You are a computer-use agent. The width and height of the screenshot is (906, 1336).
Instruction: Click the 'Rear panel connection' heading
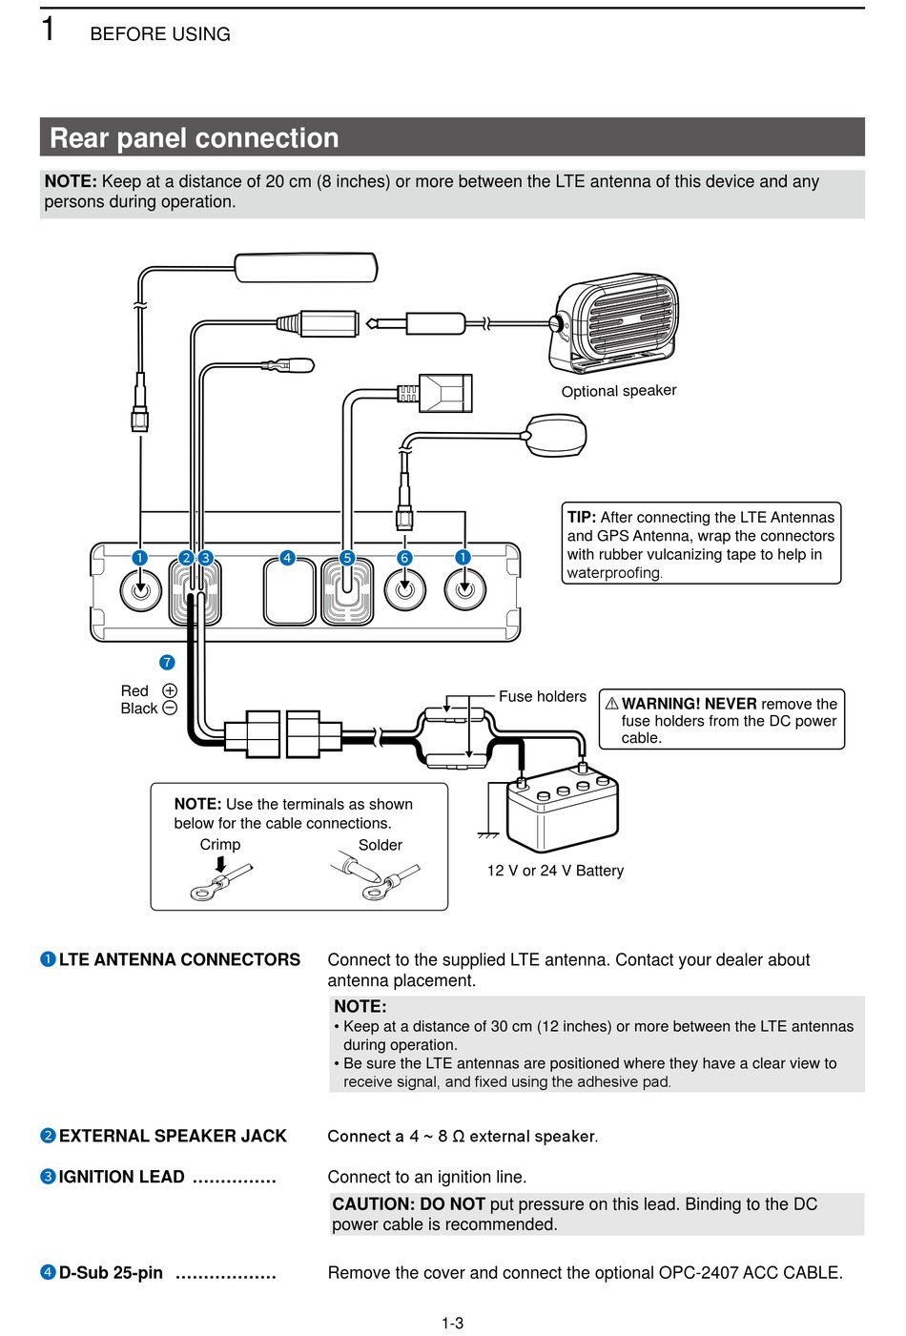pyautogui.click(x=195, y=138)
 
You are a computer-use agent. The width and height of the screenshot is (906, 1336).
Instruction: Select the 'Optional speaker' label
pyautogui.click(x=618, y=391)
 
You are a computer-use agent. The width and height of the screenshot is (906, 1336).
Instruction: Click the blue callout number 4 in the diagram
pyautogui.click(x=287, y=558)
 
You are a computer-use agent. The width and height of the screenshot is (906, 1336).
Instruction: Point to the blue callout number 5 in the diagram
pyautogui.click(x=347, y=558)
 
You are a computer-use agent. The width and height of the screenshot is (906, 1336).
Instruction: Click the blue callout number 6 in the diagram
pyautogui.click(x=404, y=558)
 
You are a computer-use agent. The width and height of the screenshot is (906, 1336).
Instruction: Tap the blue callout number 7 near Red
pyautogui.click(x=167, y=662)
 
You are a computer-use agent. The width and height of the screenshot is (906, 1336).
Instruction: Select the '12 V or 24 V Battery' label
pyautogui.click(x=555, y=871)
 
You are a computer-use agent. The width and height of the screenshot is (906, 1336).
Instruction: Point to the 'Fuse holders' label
pyautogui.click(x=542, y=697)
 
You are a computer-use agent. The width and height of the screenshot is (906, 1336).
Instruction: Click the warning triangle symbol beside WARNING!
pyautogui.click(x=611, y=704)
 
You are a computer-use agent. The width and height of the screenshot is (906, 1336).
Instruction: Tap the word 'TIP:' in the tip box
pyautogui.click(x=582, y=517)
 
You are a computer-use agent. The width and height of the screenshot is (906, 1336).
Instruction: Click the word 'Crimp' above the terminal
pyautogui.click(x=220, y=845)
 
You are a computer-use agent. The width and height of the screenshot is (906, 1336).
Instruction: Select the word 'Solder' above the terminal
pyautogui.click(x=380, y=845)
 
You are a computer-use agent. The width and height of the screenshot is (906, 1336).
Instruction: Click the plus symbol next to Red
pyautogui.click(x=170, y=690)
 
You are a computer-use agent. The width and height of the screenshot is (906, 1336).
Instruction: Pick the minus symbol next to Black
pyautogui.click(x=170, y=708)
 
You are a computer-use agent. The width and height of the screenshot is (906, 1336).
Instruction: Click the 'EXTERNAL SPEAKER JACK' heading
pyautogui.click(x=173, y=1136)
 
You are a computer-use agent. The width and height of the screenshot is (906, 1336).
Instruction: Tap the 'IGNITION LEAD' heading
pyautogui.click(x=122, y=1177)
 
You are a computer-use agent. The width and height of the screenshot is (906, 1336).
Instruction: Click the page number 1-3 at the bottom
pyautogui.click(x=452, y=1323)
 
